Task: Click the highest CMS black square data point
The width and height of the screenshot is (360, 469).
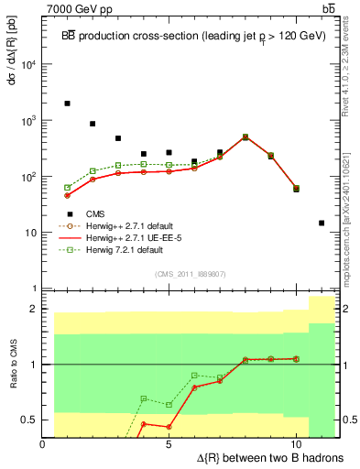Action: [x=68, y=104]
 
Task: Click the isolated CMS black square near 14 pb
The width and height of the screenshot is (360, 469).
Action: [x=322, y=223]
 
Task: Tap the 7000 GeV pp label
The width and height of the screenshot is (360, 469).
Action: [x=75, y=8]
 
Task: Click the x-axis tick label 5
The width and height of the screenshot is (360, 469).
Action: [x=169, y=442]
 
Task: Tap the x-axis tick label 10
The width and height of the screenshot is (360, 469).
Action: [x=295, y=442]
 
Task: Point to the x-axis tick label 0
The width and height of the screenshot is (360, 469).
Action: [x=43, y=442]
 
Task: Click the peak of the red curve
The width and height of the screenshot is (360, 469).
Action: [x=245, y=137]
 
